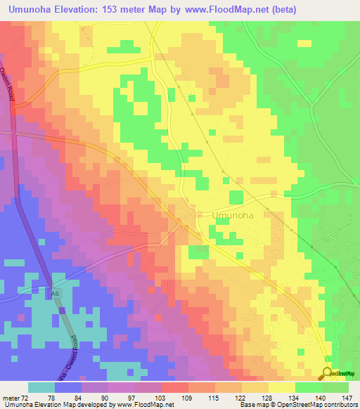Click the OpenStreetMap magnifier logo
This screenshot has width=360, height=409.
(328, 373)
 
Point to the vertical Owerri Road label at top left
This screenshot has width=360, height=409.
(11, 82)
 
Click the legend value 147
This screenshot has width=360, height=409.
(347, 397)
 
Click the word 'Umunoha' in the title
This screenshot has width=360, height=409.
(33, 10)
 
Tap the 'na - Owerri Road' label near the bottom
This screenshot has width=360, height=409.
(75, 351)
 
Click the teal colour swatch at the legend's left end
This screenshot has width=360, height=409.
(41, 387)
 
